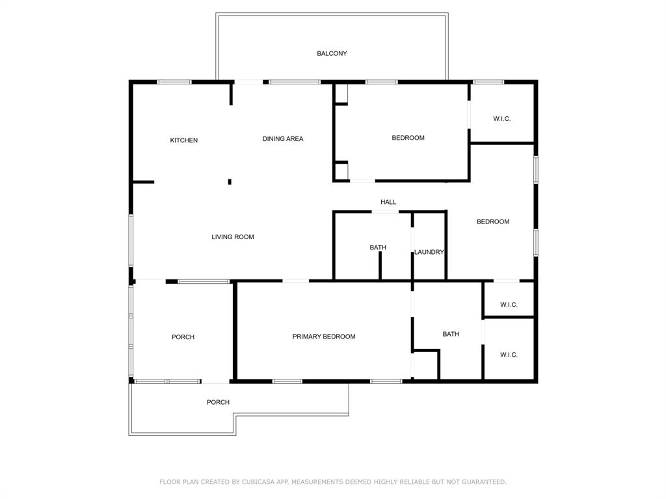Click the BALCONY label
point(332,53)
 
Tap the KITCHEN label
point(184,140)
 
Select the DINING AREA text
point(283,139)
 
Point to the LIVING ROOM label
point(233,237)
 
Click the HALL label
point(388,202)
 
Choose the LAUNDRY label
point(429,252)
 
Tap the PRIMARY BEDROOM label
point(324,337)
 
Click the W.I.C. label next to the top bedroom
point(501,119)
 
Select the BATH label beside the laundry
point(378,248)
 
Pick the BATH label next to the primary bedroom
point(451,334)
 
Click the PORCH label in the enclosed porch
point(183,337)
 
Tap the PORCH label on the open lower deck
point(218,402)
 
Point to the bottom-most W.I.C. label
point(509,355)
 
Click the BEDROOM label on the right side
point(493,222)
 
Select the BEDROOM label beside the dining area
point(408,138)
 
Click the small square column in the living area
point(230,182)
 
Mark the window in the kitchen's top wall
point(174,82)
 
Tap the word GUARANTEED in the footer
point(484,482)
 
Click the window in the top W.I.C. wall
point(488,82)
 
